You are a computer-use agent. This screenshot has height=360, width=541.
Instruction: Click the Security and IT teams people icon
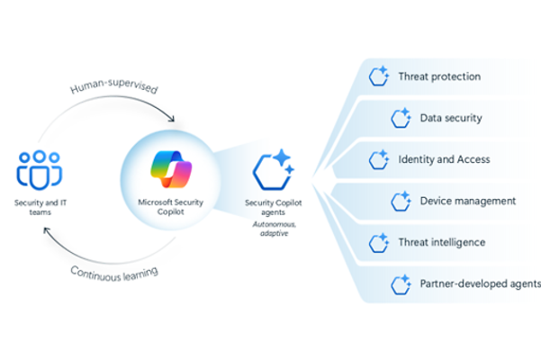click(x=38, y=169)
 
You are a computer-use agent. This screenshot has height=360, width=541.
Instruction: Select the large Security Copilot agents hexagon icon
click(x=271, y=169)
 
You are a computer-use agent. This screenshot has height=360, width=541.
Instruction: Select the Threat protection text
click(x=438, y=76)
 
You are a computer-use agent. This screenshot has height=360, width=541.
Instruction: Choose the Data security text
click(x=450, y=118)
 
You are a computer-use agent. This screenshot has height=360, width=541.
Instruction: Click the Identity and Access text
click(x=444, y=159)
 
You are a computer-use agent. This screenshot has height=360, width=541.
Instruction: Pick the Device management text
click(x=467, y=201)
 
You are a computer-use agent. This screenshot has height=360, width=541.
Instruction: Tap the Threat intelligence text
click(x=441, y=242)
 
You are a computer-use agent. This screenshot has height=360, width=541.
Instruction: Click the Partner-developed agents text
click(x=480, y=284)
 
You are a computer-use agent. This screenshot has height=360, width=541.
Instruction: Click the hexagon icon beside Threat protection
click(x=378, y=76)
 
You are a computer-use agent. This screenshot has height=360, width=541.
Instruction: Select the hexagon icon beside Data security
click(x=401, y=118)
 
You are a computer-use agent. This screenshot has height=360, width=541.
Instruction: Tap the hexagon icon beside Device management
click(x=401, y=201)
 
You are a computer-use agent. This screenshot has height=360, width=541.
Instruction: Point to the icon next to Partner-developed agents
click(x=401, y=284)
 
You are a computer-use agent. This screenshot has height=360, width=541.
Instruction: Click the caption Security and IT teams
click(x=39, y=208)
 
